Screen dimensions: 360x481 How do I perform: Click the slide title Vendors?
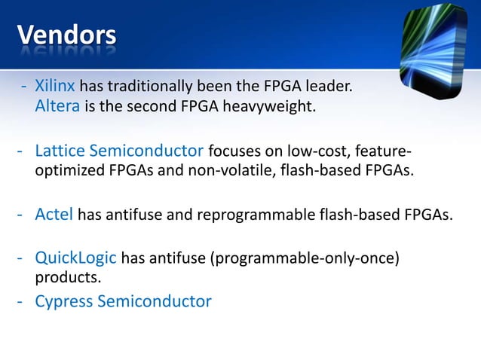[x=66, y=35]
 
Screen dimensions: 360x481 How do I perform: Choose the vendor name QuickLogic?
[x=75, y=259]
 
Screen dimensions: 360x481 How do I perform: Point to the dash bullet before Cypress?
[x=23, y=301]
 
